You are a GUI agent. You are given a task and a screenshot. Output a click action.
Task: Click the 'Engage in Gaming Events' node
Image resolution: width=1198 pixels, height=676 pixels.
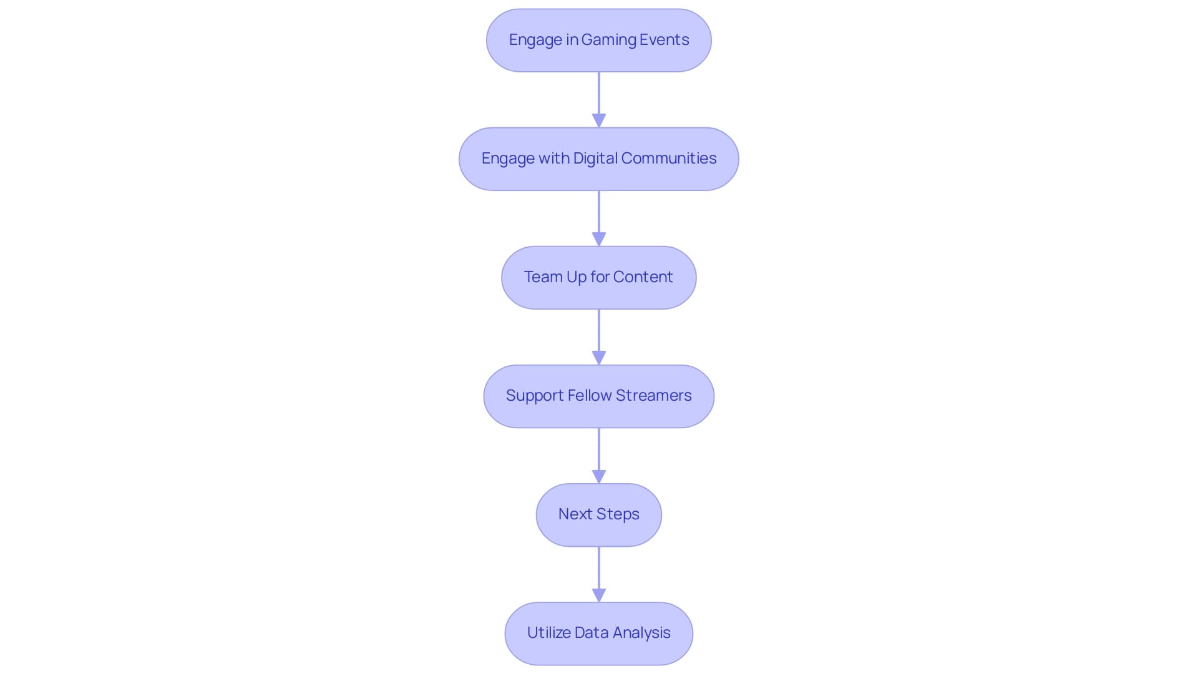click(x=598, y=41)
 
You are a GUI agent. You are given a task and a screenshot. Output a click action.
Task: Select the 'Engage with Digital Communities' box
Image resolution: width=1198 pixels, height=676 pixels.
click(x=598, y=159)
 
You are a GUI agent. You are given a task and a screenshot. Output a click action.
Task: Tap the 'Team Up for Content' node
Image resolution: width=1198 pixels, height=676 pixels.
click(x=598, y=278)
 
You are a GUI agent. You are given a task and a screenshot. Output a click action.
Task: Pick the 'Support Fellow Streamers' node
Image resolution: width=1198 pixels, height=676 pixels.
click(x=598, y=396)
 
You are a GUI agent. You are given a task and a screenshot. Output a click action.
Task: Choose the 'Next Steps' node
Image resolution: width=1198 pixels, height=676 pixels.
click(x=598, y=515)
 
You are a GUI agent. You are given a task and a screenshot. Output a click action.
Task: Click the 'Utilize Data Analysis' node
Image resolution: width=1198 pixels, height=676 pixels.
click(x=598, y=634)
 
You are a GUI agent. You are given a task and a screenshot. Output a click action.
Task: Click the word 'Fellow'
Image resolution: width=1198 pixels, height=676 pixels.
click(x=589, y=396)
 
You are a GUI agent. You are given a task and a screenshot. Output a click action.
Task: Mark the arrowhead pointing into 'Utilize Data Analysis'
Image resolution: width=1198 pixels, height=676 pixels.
click(x=598, y=595)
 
